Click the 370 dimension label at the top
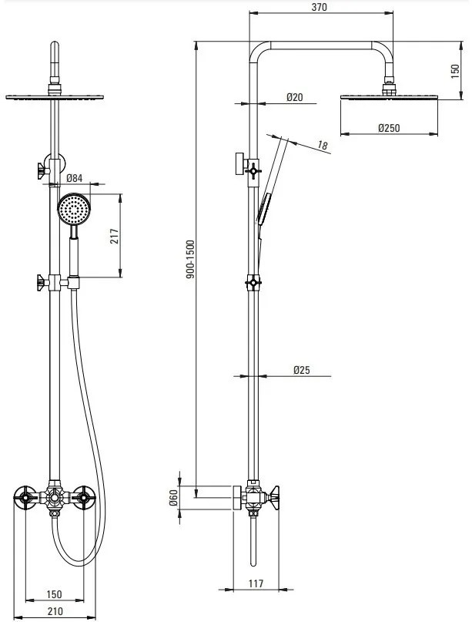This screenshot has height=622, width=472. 319,7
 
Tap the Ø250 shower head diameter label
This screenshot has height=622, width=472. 389,128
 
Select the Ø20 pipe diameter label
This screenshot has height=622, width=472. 294,97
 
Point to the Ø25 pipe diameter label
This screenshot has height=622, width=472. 302,370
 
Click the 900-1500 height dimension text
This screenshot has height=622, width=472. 191,259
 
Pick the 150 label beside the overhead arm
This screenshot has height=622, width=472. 455,71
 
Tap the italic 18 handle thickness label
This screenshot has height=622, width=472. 323,146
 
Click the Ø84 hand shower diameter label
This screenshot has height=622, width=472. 74,178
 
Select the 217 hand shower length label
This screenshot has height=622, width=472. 115,236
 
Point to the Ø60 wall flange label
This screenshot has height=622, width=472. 173,497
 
